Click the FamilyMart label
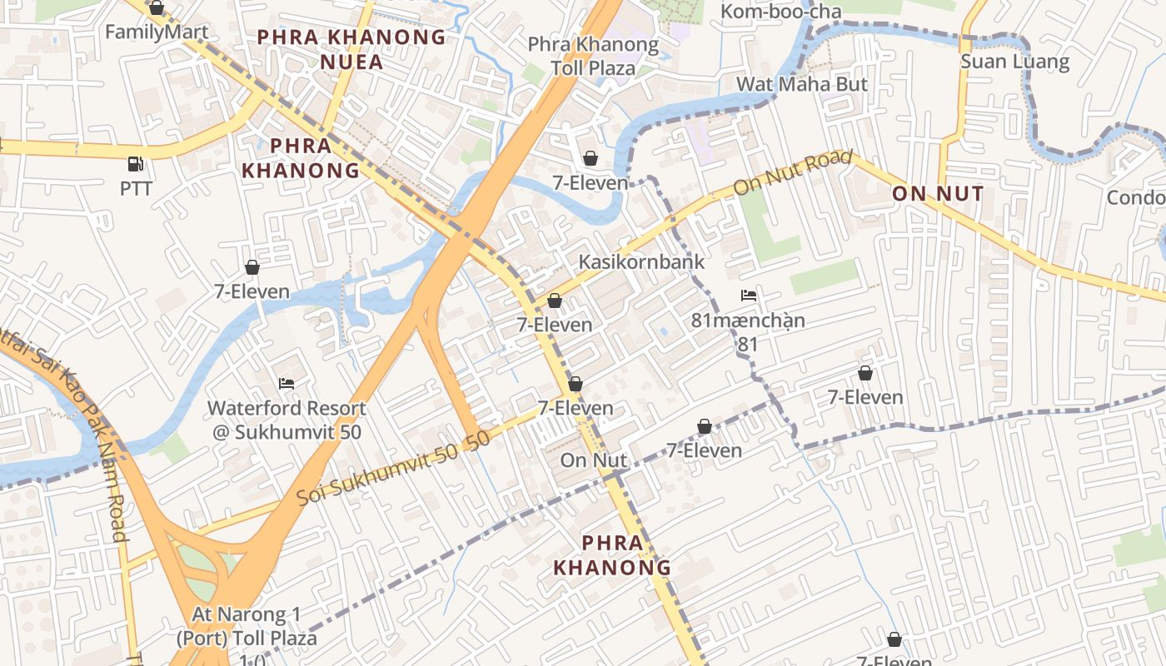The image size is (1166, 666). (x=157, y=32)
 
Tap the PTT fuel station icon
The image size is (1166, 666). (x=136, y=164)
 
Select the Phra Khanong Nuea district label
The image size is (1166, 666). (x=351, y=49)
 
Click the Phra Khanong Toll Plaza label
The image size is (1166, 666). (x=593, y=56)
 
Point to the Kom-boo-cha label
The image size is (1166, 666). (x=780, y=12)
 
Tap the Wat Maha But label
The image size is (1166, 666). (x=801, y=84)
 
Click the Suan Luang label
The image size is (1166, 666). (x=1014, y=62)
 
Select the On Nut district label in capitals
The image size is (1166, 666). (x=937, y=194)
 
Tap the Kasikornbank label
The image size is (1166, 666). (x=641, y=261)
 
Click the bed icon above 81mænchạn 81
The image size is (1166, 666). (x=749, y=296)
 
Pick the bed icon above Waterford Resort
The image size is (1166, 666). (x=287, y=384)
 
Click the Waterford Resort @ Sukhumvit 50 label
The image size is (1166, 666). (x=287, y=420)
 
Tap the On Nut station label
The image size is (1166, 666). (x=593, y=460)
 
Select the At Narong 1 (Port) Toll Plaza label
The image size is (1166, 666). (x=246, y=627)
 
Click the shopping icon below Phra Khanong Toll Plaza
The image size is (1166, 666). (x=590, y=158)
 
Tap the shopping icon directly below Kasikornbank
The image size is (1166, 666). (x=555, y=301)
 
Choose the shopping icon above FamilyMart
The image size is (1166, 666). (x=157, y=8)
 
